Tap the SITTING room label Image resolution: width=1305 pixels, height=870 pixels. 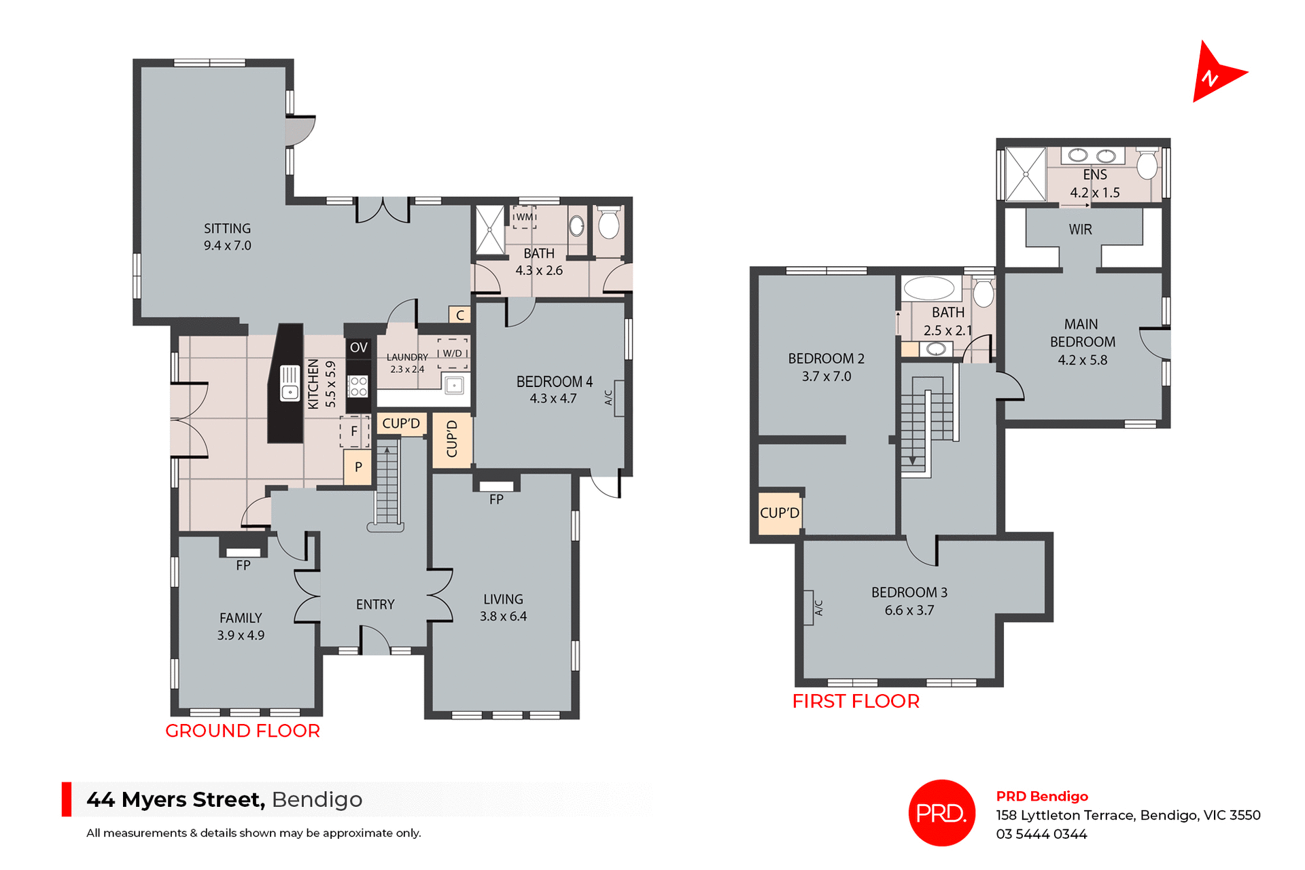pos(227,229)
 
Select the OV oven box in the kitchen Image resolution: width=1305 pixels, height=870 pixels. pos(358,348)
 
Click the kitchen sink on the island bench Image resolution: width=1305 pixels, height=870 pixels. pos(290,384)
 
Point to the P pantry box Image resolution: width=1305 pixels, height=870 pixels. pos(358,467)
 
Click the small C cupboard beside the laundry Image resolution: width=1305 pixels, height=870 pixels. pos(459,315)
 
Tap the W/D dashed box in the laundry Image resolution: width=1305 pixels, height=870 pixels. pos(453,353)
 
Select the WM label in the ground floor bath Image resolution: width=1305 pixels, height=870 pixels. pos(524,217)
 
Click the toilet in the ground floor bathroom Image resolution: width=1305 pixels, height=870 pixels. pos(608,223)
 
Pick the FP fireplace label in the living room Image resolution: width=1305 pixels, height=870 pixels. pos(496,500)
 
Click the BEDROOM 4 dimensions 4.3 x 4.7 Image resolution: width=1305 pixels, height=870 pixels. pos(553,399)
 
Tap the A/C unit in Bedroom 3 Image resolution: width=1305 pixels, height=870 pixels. pos(809,607)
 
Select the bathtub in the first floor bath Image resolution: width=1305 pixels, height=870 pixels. pos(929,288)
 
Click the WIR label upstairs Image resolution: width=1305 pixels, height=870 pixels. pos(1080,230)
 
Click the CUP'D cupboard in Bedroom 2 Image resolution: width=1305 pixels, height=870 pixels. pos(779,513)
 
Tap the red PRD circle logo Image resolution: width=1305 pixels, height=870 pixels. pos(941,812)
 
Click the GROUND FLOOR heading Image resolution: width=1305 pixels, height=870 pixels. pos(242,731)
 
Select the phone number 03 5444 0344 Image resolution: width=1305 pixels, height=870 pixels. pos(1041,834)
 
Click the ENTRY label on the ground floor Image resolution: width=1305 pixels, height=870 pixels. pos(375,604)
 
